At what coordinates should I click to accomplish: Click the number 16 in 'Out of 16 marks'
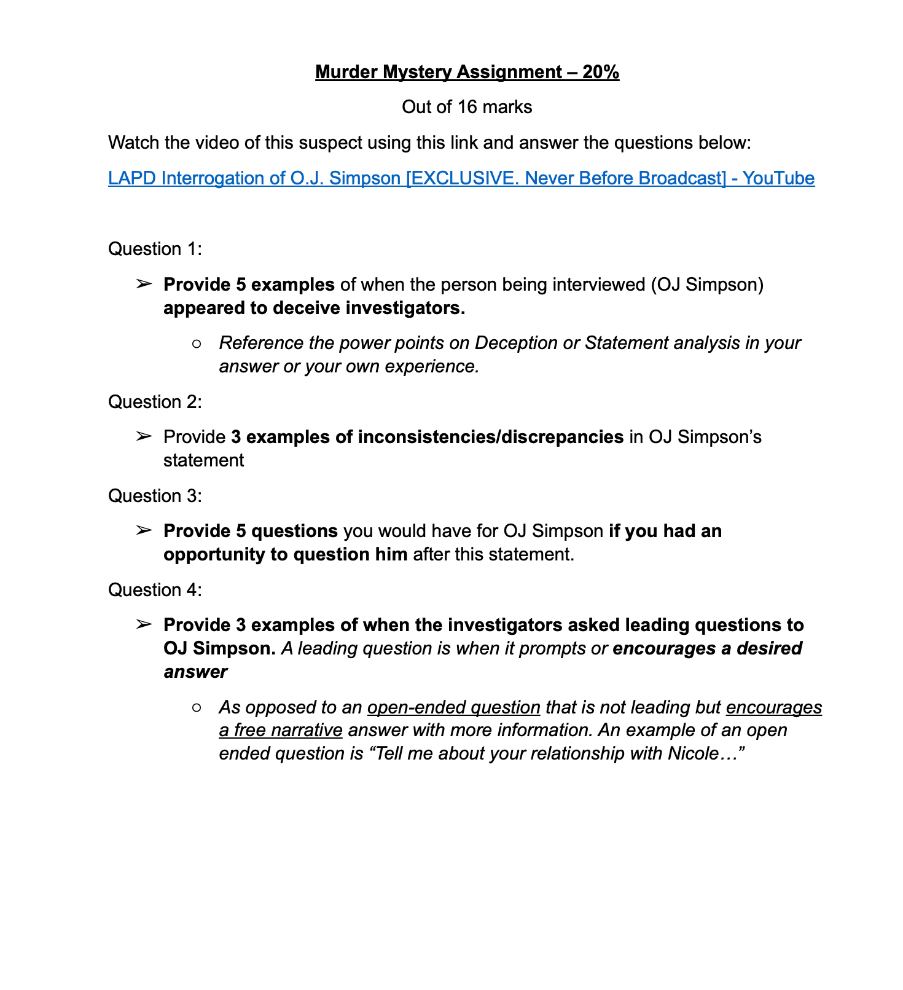[467, 107]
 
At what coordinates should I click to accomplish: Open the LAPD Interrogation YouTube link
[461, 178]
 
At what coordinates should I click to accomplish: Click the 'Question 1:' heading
[155, 249]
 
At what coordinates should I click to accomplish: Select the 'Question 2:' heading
[155, 402]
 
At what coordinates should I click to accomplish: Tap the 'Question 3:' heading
[155, 496]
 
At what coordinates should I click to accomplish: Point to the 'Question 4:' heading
[155, 590]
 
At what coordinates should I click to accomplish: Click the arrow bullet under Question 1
[143, 284]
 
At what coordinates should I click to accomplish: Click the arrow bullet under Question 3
[143, 530]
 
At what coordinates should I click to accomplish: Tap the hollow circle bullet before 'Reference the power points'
[197, 344]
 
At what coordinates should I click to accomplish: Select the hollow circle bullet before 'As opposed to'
[197, 707]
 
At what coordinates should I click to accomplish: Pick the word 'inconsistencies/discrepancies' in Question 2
[490, 437]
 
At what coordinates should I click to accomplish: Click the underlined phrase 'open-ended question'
[453, 707]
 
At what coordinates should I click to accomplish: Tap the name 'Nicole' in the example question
[693, 753]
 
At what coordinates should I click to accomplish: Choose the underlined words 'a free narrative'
[281, 731]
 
